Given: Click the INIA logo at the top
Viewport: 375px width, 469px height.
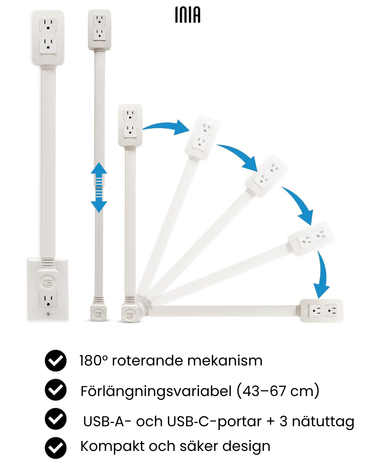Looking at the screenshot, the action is [x=187, y=15].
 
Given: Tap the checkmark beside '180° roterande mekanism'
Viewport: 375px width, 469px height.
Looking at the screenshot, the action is [x=56, y=361].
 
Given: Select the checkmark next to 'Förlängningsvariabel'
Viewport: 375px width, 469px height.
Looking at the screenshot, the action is [x=56, y=390].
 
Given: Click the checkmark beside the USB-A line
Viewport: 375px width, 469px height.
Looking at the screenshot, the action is [x=56, y=419].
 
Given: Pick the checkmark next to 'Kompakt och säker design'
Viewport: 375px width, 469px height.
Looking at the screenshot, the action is [x=56, y=448].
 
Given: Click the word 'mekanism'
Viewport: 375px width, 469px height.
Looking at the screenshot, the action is [x=225, y=361].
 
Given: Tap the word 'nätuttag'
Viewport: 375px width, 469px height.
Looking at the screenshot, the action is [x=323, y=422].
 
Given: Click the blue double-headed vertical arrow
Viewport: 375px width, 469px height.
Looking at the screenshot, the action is [x=99, y=187].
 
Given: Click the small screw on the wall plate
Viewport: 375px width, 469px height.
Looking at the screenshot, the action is [x=48, y=314].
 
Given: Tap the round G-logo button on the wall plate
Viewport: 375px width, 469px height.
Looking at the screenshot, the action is [x=48, y=281].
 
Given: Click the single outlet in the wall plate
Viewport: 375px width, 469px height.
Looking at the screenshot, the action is [x=48, y=299].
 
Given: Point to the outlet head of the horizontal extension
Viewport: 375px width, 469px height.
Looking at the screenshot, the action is [x=322, y=311].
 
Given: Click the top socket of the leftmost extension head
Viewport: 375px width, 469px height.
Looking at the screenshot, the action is [x=48, y=25].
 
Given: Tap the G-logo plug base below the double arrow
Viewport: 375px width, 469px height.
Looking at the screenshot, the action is [x=99, y=313].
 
